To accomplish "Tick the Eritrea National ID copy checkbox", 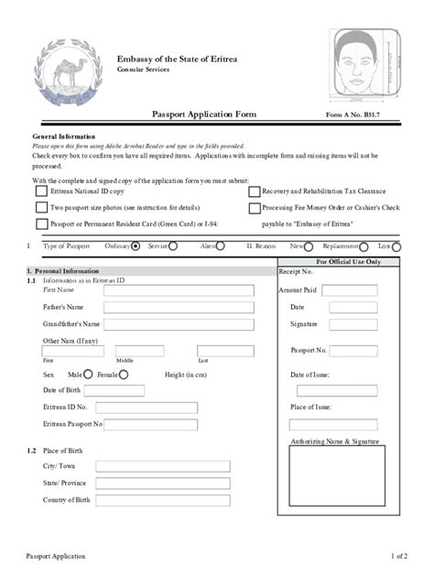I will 41,192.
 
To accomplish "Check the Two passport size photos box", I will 41,208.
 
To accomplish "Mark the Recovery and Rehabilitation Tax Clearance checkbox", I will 254,192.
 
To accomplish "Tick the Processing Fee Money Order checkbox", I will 254,208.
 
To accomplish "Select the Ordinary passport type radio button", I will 136,246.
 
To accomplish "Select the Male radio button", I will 88,374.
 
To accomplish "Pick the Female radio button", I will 124,374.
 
